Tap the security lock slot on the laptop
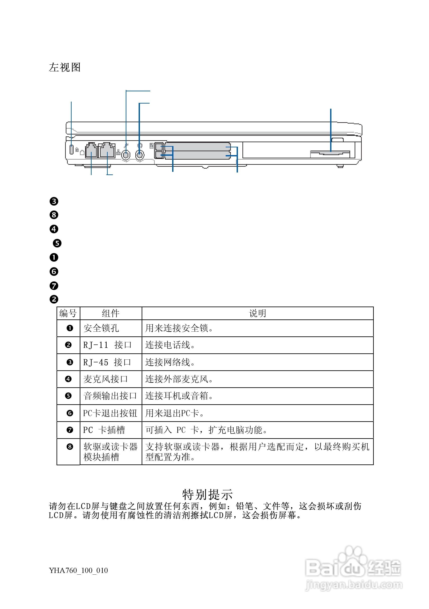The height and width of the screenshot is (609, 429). coord(71,150)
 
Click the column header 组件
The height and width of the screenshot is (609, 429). coord(111,313)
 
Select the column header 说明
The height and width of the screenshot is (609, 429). coord(257,313)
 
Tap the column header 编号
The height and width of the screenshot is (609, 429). coord(68,313)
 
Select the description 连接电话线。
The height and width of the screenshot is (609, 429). coord(170,345)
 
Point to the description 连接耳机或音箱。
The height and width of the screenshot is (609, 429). coord(179,396)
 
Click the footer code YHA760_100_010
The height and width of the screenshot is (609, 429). coord(78,570)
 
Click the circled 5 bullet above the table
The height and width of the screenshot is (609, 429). coord(57,243)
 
